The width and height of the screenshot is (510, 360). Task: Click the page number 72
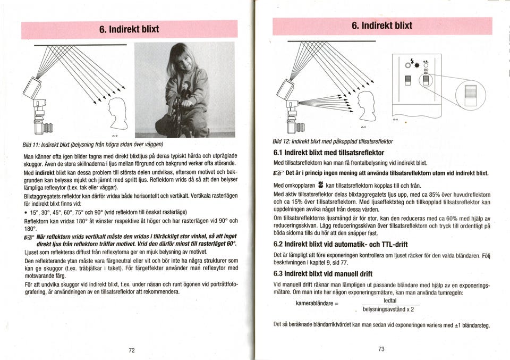132,350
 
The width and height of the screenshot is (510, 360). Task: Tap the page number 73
381,349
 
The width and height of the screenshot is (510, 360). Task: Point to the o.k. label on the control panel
425,62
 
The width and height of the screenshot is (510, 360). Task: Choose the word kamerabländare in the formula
317,304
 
